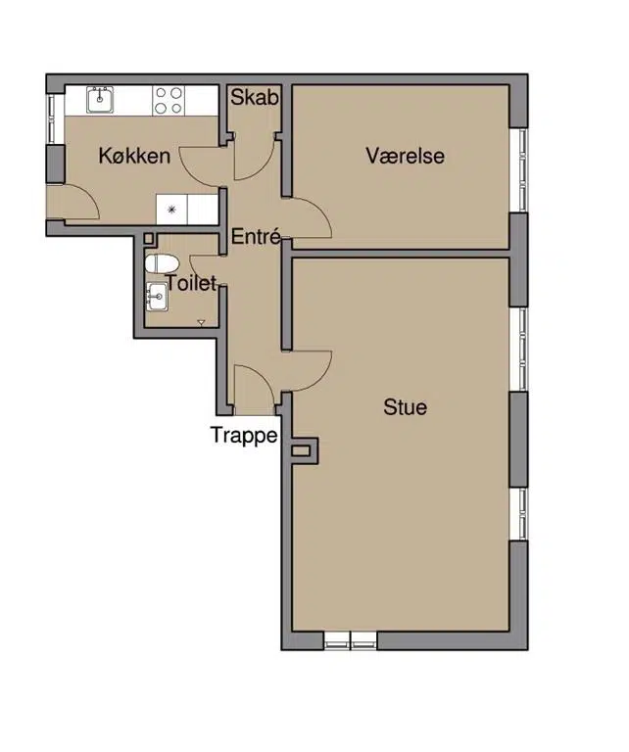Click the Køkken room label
coord(134,156)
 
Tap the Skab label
coord(255,97)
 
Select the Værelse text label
coord(405,156)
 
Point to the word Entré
coord(256,236)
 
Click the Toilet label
coord(190,283)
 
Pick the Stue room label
coord(405,407)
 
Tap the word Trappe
coord(244,436)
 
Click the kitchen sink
coord(100,100)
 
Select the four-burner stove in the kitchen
coord(169,100)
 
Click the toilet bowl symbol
coord(162,264)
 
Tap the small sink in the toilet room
coord(157,297)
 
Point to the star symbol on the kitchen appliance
coord(171,210)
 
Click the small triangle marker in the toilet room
coord(202,323)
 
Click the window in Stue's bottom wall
coord(350,640)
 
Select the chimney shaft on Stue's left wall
coord(303,450)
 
